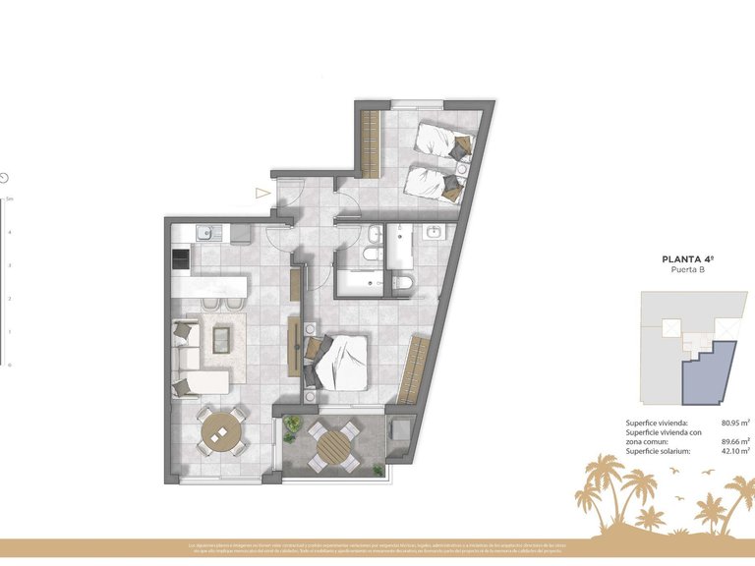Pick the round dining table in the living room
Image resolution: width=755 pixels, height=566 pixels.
click(x=221, y=429)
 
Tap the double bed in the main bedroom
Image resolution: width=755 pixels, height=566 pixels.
click(x=340, y=361)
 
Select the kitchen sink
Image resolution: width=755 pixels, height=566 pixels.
click(x=205, y=233)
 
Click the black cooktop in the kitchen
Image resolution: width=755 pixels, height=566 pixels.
click(x=181, y=259)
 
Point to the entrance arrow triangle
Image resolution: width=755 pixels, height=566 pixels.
click(x=262, y=194)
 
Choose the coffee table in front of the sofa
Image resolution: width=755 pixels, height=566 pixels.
click(x=223, y=339)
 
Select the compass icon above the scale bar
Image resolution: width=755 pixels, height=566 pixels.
click(x=5, y=178)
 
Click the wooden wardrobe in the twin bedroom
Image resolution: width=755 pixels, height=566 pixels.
click(x=371, y=145)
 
